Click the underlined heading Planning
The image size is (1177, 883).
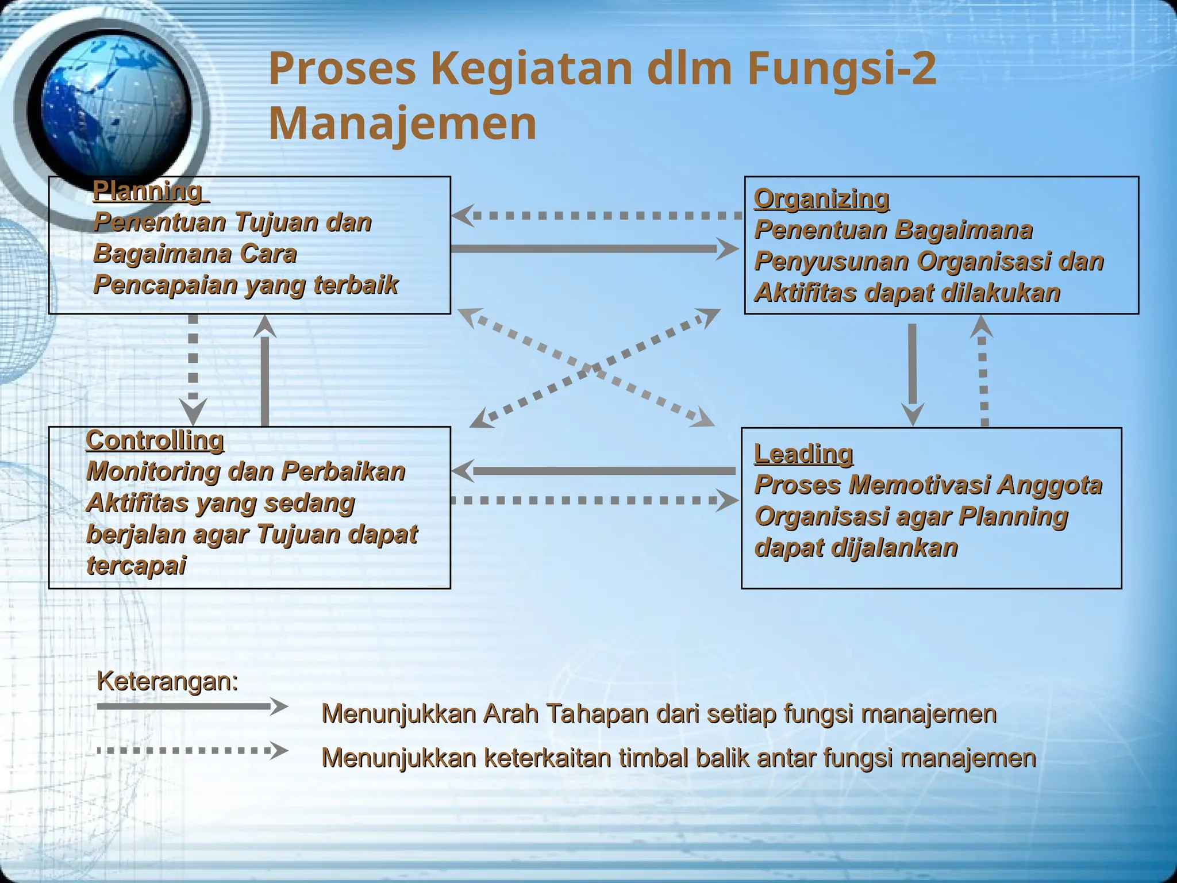(148, 191)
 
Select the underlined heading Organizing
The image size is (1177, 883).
(821, 199)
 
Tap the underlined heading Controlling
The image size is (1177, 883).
(155, 441)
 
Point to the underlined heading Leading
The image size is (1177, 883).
(803, 454)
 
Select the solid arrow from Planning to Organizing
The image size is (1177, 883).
(592, 249)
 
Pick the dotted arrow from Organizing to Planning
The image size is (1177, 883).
(598, 216)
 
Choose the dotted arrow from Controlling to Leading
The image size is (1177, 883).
(592, 500)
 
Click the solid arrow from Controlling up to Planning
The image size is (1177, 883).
(265, 374)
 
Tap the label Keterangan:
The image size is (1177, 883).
(167, 682)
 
